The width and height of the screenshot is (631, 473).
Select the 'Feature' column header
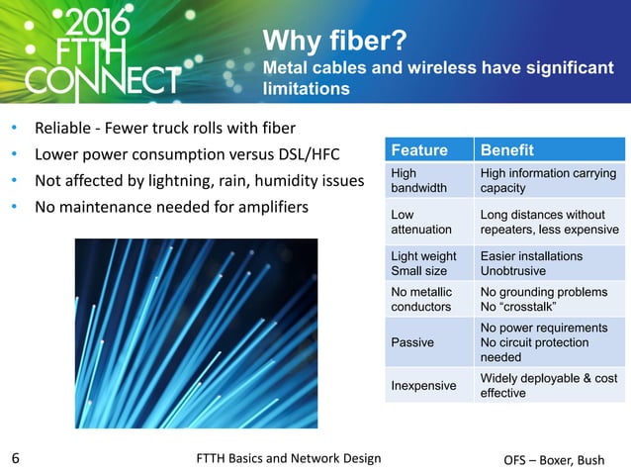point(418,150)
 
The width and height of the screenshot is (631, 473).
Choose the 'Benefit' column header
point(506,150)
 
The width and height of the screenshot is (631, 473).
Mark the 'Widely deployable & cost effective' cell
point(548,385)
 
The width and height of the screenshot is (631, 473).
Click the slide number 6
point(16,458)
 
